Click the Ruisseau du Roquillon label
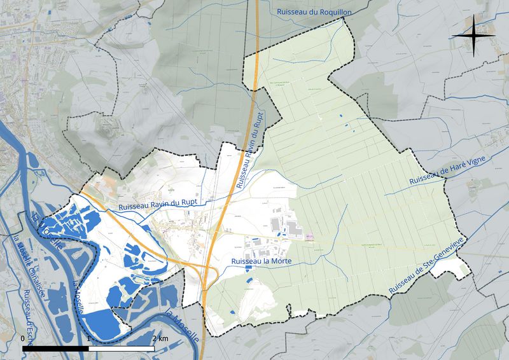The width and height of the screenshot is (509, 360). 310,11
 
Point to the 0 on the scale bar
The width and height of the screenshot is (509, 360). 23,338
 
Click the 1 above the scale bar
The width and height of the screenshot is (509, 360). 88,338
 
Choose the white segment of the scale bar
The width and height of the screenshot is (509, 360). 122,349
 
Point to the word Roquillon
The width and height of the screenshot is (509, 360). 328,11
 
